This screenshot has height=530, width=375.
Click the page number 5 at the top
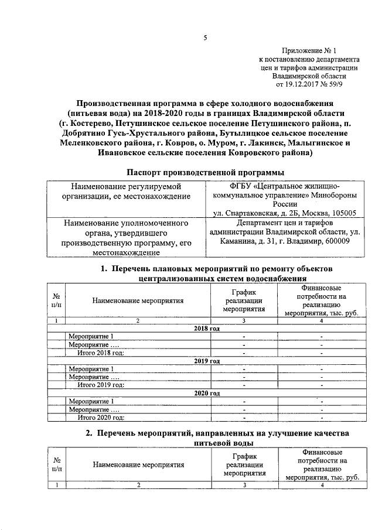coord(205,39)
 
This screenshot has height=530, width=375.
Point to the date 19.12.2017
coord(308,84)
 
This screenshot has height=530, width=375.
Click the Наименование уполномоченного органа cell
coord(125,245)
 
